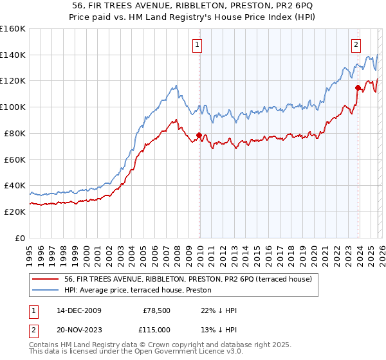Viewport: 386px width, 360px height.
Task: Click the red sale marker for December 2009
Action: point(199,135)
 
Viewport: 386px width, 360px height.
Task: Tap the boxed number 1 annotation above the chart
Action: point(196,45)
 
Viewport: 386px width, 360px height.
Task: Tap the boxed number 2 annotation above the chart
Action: point(355,45)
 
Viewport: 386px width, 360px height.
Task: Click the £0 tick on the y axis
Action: point(20,238)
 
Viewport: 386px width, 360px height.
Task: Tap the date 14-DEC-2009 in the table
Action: point(78,310)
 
